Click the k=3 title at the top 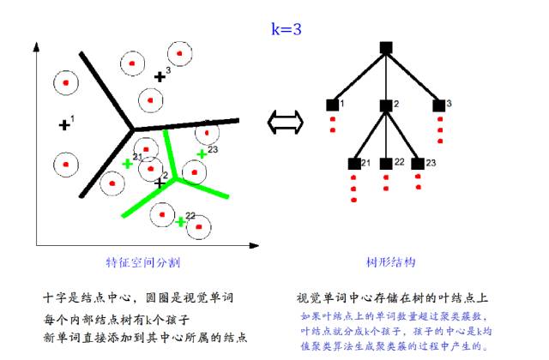pyautogui.click(x=286, y=29)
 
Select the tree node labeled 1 pyautogui.click(x=332, y=105)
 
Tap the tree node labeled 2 pyautogui.click(x=386, y=105)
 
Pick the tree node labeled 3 pyautogui.click(x=438, y=105)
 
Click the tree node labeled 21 pyautogui.click(x=353, y=163)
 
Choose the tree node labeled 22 pyautogui.click(x=386, y=163)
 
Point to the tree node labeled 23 pyautogui.click(x=417, y=163)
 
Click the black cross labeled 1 pyautogui.click(x=64, y=124)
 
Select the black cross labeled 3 pyautogui.click(x=160, y=77)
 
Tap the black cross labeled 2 pyautogui.click(x=159, y=182)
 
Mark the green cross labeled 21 pyautogui.click(x=128, y=163)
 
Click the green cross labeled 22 pyautogui.click(x=180, y=222)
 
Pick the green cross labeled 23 pyautogui.click(x=201, y=154)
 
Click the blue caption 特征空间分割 pyautogui.click(x=142, y=261)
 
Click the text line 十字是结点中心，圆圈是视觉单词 pyautogui.click(x=140, y=297)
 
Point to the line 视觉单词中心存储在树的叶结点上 pyautogui.click(x=393, y=298)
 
